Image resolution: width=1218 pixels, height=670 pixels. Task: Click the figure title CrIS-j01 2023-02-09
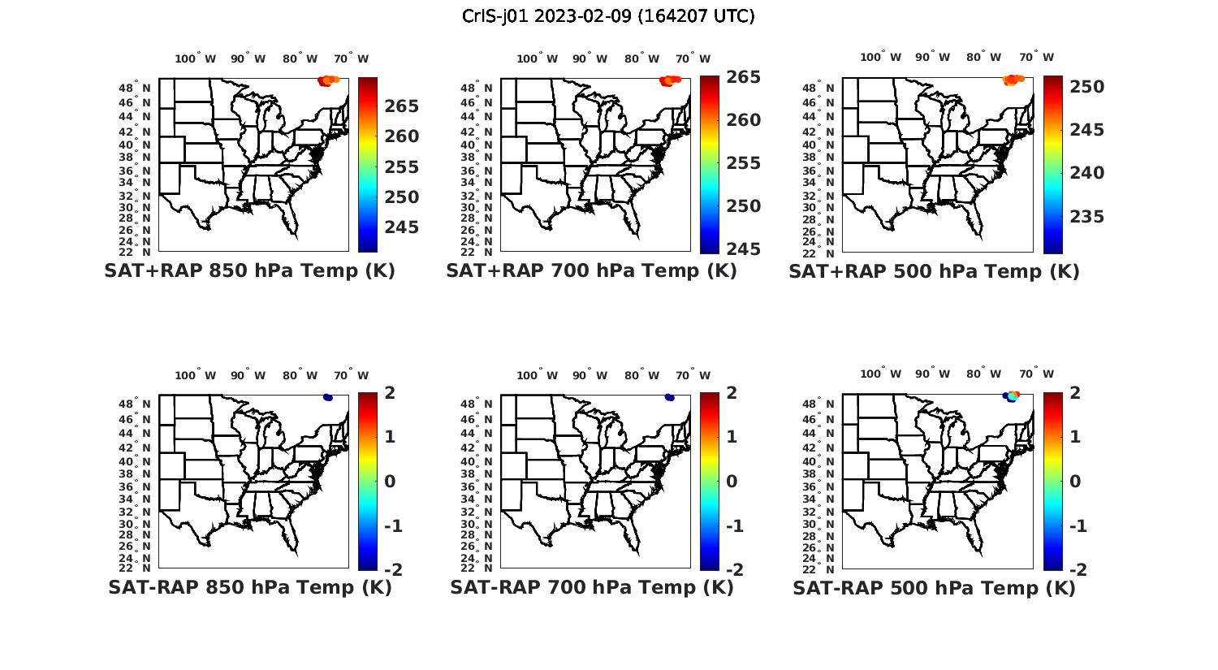(x=608, y=16)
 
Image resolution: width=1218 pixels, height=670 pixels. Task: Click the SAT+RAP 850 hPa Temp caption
(x=249, y=271)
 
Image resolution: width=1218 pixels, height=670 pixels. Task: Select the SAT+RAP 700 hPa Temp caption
(x=591, y=271)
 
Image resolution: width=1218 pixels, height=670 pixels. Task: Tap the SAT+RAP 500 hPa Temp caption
(x=934, y=271)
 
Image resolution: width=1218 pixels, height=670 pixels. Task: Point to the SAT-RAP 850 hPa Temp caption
(x=249, y=587)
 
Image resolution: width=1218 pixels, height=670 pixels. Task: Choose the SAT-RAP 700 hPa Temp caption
(x=591, y=587)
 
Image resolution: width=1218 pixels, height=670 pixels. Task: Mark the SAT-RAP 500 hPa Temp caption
(x=934, y=587)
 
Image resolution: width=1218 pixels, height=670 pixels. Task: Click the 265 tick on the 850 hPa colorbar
(x=402, y=106)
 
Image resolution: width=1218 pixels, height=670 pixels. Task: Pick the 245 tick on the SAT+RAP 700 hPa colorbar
(x=743, y=249)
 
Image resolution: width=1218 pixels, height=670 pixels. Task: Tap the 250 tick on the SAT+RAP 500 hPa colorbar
(x=1086, y=87)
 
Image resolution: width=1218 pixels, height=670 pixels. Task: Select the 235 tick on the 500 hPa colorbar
(x=1086, y=217)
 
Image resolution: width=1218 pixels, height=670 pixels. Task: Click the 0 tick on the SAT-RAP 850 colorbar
(x=390, y=482)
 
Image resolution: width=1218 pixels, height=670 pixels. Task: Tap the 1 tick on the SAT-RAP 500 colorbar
(x=1075, y=437)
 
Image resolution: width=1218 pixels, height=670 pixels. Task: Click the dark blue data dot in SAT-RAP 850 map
(x=327, y=397)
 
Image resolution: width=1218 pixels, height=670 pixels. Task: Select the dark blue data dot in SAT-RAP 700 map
(x=669, y=397)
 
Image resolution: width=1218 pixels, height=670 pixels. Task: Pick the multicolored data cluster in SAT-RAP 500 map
(x=1012, y=396)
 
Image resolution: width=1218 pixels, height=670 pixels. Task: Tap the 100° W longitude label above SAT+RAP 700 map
(x=537, y=58)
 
